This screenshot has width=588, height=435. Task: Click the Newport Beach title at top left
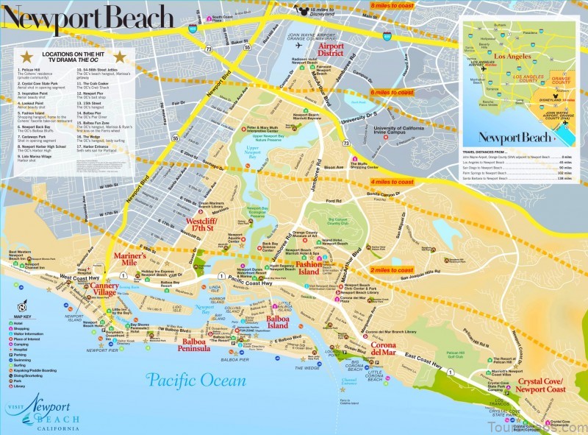(88, 16)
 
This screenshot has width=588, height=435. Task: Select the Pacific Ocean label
(195, 381)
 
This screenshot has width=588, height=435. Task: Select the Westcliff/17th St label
(207, 224)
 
